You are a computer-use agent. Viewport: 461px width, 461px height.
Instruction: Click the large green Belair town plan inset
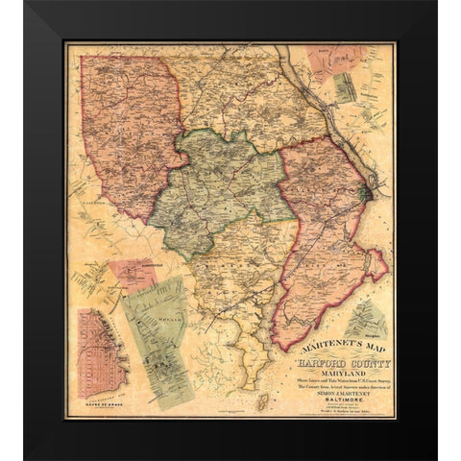(x=158, y=331)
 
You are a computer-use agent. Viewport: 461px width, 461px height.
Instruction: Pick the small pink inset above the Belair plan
(x=133, y=274)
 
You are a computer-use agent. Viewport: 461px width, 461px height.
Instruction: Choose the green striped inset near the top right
(x=345, y=86)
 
